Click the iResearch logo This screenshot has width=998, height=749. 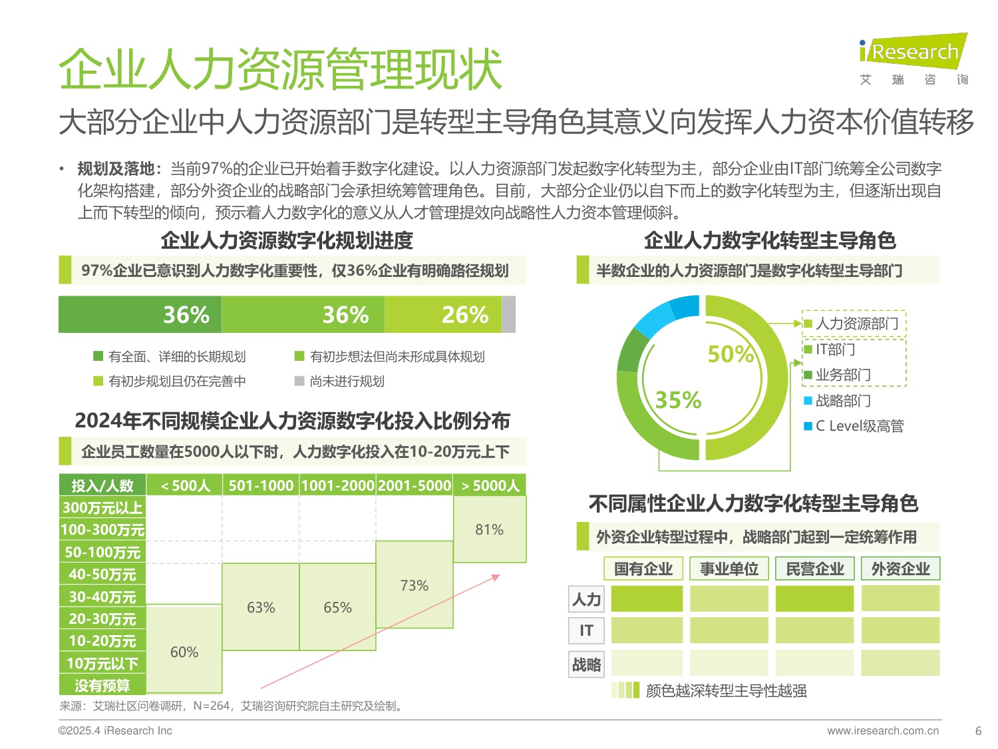913,52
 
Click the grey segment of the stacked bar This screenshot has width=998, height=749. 508,314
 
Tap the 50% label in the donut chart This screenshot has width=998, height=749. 731,354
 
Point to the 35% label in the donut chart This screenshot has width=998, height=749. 678,400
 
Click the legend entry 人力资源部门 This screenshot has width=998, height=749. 856,324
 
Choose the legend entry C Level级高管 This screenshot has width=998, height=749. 859,426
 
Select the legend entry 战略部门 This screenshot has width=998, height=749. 842,401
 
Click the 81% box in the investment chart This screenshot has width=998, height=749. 490,529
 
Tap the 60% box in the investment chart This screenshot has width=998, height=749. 184,652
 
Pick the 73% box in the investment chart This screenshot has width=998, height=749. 415,585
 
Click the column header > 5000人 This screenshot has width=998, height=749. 490,485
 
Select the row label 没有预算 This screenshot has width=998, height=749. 102,685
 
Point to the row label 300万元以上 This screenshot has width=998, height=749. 102,508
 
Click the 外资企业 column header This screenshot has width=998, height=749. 900,569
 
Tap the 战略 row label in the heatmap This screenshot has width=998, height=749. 586,664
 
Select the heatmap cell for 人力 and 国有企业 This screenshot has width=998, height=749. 647,599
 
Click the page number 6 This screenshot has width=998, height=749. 978,730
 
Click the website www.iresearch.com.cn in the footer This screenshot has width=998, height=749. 883,730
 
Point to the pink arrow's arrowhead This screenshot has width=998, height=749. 496,577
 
